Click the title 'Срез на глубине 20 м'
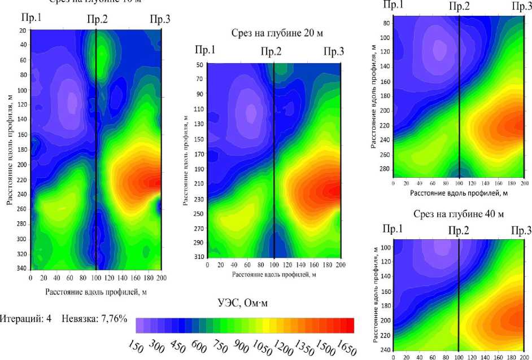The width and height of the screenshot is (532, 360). (277, 34)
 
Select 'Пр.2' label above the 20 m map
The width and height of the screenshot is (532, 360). (271, 52)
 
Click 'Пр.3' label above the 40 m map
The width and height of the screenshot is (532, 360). (521, 230)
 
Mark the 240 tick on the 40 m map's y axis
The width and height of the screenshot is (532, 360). (386, 349)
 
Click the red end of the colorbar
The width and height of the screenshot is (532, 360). (350, 326)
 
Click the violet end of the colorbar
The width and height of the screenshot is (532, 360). (140, 326)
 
